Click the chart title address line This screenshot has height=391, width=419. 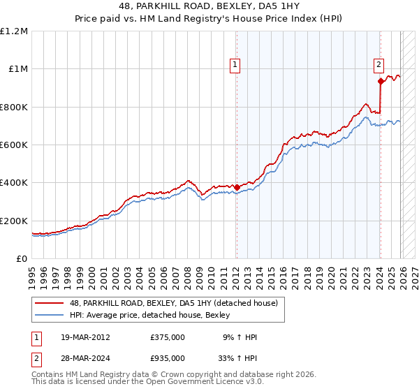click(x=209, y=6)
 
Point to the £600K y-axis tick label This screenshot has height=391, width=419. click(x=14, y=145)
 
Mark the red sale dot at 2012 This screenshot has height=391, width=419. click(x=237, y=187)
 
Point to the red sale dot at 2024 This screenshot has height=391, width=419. click(x=381, y=81)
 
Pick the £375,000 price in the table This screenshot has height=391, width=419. click(x=168, y=337)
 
